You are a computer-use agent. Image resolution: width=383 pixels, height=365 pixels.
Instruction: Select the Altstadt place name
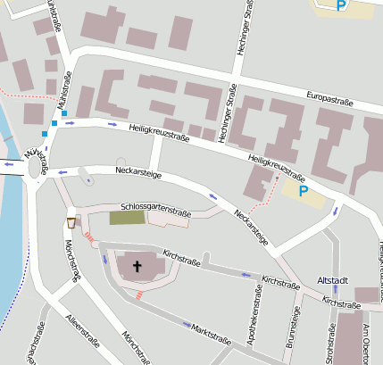(334, 280)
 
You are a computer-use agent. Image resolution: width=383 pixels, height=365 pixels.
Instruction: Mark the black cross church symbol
(137, 265)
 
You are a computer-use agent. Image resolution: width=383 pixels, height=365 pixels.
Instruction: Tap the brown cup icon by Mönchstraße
(71, 222)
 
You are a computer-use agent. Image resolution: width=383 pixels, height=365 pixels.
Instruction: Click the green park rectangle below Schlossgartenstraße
(126, 217)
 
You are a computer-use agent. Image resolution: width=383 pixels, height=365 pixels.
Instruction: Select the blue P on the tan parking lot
(303, 190)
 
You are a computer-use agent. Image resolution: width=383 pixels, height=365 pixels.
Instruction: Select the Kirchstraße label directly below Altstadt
(342, 303)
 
